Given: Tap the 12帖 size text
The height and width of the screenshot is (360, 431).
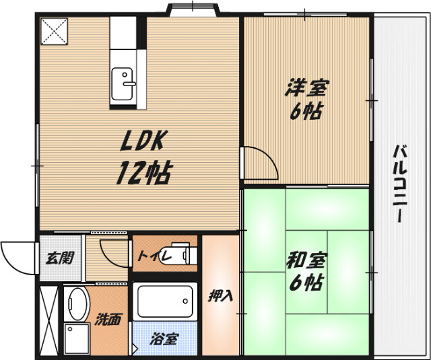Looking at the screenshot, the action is coord(144,172).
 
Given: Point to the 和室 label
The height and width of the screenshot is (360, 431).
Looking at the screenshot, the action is coord(306,261).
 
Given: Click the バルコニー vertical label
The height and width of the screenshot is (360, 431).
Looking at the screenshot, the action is coord(399,183).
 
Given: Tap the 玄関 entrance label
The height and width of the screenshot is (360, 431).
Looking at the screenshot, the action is coord(60,258).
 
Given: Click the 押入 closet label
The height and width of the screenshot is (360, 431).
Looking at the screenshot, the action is coord(220,296).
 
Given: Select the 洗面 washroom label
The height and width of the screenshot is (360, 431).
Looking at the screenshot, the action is coord(108,320).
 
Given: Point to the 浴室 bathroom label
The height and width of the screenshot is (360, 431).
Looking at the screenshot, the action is coord(164,339).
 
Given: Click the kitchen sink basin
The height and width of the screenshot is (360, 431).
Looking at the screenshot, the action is coord(122,83).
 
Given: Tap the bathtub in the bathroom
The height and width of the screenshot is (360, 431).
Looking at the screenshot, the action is coord(164,301).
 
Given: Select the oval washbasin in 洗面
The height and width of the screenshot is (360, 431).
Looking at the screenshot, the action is coord(77,303).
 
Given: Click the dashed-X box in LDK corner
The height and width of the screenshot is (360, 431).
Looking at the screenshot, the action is coord(54,32).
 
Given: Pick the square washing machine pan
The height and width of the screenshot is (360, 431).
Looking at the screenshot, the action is coord(77,339).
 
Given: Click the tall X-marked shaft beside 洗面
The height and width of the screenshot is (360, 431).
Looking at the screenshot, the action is coord(49,321).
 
